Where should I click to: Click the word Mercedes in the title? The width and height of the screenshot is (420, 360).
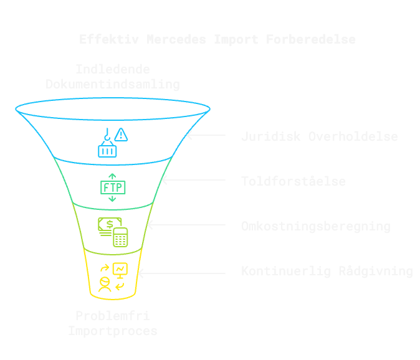click(177, 39)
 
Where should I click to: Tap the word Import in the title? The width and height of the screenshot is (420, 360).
click(236, 39)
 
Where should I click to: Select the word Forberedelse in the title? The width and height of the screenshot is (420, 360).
click(311, 39)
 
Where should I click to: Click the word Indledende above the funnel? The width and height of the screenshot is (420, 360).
click(113, 69)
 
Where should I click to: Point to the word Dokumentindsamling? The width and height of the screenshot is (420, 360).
click(113, 84)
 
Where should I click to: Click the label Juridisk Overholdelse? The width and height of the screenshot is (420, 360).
click(319, 136)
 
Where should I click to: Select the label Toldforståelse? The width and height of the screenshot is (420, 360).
click(293, 181)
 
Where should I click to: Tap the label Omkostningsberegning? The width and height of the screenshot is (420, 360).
click(315, 226)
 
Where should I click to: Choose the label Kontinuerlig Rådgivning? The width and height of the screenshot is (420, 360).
click(327, 271)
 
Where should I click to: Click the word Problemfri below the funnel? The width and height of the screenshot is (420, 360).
click(113, 316)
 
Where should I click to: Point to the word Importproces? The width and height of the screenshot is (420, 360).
click(113, 331)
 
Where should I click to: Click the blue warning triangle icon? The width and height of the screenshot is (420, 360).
click(122, 134)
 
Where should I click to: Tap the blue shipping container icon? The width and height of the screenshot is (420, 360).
click(107, 149)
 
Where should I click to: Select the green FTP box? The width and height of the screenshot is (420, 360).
click(113, 187)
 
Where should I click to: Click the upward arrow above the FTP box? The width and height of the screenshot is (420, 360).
click(113, 176)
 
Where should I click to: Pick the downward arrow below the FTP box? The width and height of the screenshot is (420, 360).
click(113, 198)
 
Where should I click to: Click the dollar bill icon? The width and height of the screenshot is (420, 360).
click(109, 225)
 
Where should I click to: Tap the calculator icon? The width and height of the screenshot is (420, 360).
click(120, 237)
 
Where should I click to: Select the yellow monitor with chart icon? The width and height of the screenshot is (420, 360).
click(120, 269)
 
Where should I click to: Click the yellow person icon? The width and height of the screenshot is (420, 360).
click(105, 285)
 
